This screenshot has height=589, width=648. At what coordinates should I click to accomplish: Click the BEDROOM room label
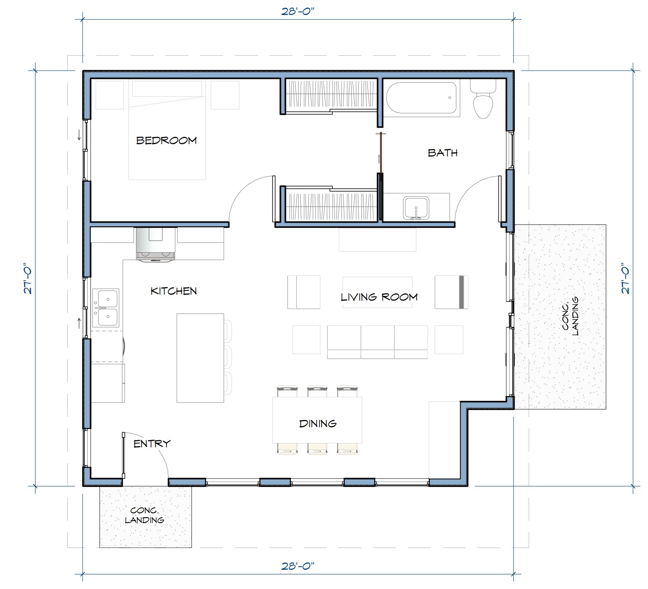(x=166, y=141)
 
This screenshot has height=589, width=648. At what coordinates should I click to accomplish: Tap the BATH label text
(x=443, y=153)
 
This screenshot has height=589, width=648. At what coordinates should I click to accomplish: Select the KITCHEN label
(x=174, y=291)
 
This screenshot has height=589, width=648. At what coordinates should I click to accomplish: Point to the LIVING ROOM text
(x=379, y=297)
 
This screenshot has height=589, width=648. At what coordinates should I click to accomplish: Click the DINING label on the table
(x=318, y=423)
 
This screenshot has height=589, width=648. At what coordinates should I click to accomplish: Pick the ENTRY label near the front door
(x=152, y=444)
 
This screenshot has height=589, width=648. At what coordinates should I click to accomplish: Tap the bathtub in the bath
(x=421, y=98)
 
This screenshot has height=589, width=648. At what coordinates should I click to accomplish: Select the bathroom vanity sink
(x=416, y=208)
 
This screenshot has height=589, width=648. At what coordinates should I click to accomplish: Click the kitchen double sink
(x=106, y=308)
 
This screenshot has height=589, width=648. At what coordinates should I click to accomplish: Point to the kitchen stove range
(x=155, y=244)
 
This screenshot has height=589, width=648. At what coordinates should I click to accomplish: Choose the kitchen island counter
(x=200, y=358)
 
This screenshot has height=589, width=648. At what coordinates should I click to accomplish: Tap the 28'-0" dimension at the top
(x=298, y=12)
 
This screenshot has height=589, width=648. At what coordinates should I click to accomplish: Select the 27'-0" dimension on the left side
(x=28, y=278)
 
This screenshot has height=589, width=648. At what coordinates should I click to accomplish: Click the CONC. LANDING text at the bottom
(x=145, y=515)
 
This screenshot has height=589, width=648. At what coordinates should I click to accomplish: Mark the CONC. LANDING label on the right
(x=570, y=316)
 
